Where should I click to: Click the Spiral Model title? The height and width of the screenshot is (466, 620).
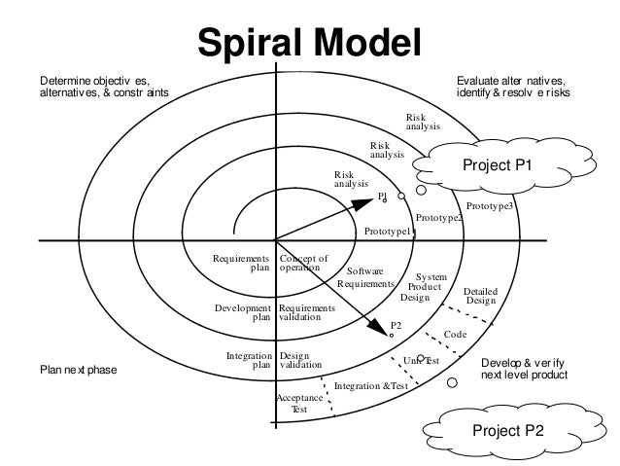click(x=310, y=44)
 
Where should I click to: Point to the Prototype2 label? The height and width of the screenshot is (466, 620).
click(x=439, y=218)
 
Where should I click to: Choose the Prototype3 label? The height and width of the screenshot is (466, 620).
click(x=490, y=206)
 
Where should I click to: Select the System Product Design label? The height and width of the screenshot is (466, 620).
click(x=424, y=288)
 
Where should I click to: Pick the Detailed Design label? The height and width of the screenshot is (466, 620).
click(x=480, y=296)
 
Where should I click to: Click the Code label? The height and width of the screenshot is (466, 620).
click(x=456, y=334)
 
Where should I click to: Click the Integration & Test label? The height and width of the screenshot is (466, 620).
click(x=370, y=386)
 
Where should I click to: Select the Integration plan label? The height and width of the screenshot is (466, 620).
click(x=249, y=361)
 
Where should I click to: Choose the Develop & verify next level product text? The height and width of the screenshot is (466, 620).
click(x=524, y=368)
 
